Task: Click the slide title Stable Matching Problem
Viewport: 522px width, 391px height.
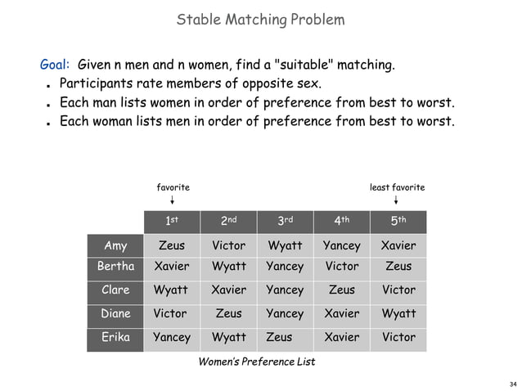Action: pos(260,18)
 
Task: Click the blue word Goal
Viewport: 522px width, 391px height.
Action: pos(55,64)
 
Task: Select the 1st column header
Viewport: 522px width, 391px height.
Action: pos(172,220)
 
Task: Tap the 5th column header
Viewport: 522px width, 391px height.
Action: pos(398,220)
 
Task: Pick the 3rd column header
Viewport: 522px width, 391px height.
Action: pos(285,220)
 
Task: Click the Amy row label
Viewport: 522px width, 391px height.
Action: pos(115,245)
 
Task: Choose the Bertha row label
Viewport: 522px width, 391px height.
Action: pos(115,267)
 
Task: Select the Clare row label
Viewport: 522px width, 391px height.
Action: pos(115,290)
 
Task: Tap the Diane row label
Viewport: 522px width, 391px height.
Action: pos(115,313)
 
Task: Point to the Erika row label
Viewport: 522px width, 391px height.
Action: pos(115,336)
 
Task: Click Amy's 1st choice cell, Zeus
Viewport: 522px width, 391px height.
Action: pos(172,245)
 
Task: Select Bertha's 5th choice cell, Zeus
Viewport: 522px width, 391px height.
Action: pos(398,267)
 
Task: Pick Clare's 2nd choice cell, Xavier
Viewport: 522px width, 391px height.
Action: pos(228,290)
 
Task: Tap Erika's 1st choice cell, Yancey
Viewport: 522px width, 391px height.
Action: pos(172,336)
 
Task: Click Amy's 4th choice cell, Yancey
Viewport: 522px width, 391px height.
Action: pos(341,245)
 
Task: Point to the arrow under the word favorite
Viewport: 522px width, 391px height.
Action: pos(172,200)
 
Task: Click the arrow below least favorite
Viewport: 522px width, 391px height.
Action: pos(397,200)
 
